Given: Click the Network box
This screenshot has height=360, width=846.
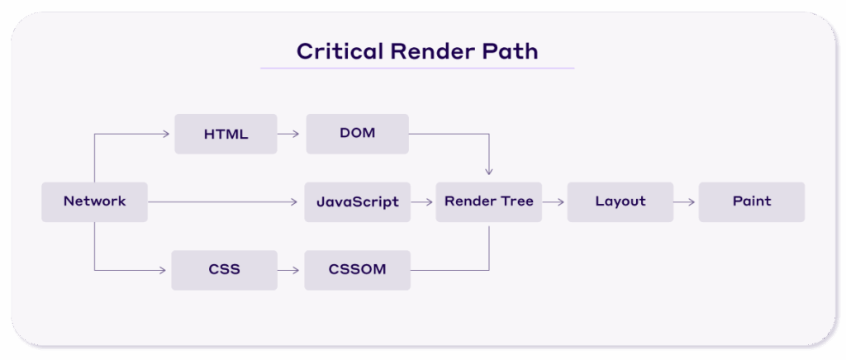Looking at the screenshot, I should pos(94,201).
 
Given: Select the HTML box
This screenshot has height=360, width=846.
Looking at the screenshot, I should pos(226,134).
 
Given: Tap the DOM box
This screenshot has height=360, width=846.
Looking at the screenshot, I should pos(357,134).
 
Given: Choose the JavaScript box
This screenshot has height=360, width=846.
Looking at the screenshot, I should pos(357,201).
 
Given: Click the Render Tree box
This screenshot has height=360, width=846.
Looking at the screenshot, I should pos(488,201).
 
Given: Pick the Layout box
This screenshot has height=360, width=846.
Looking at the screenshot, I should pos(620,201).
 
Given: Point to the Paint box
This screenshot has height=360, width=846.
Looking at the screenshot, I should pos(751,201).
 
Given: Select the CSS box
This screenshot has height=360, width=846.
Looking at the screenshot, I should pos(224,270).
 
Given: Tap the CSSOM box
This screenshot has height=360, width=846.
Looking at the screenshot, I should pos(357,270).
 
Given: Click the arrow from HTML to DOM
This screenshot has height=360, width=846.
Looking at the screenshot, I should pos(288,134).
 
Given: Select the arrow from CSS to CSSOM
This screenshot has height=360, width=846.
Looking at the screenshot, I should pos(288,270).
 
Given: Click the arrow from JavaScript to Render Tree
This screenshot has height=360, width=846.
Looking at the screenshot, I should pos(423,201).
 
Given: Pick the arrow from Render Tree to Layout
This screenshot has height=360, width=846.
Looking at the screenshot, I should pos(554,201).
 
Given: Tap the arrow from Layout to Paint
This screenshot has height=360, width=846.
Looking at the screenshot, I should pos(685,201).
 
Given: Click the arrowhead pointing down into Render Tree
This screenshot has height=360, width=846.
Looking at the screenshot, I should pos(488,172).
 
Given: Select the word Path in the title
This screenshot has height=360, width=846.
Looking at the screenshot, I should pos(511,51).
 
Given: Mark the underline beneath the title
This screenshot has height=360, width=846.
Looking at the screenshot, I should pos(417,68).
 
